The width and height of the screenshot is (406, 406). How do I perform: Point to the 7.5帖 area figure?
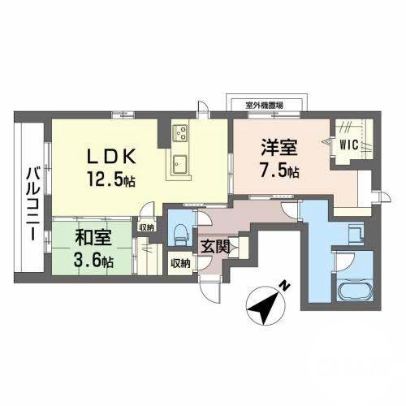[x=280, y=171]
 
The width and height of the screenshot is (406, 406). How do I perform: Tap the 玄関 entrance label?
[x=216, y=246]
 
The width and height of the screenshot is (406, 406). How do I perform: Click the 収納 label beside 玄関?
[x=180, y=263]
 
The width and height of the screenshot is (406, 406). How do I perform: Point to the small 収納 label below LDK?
[x=145, y=227]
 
